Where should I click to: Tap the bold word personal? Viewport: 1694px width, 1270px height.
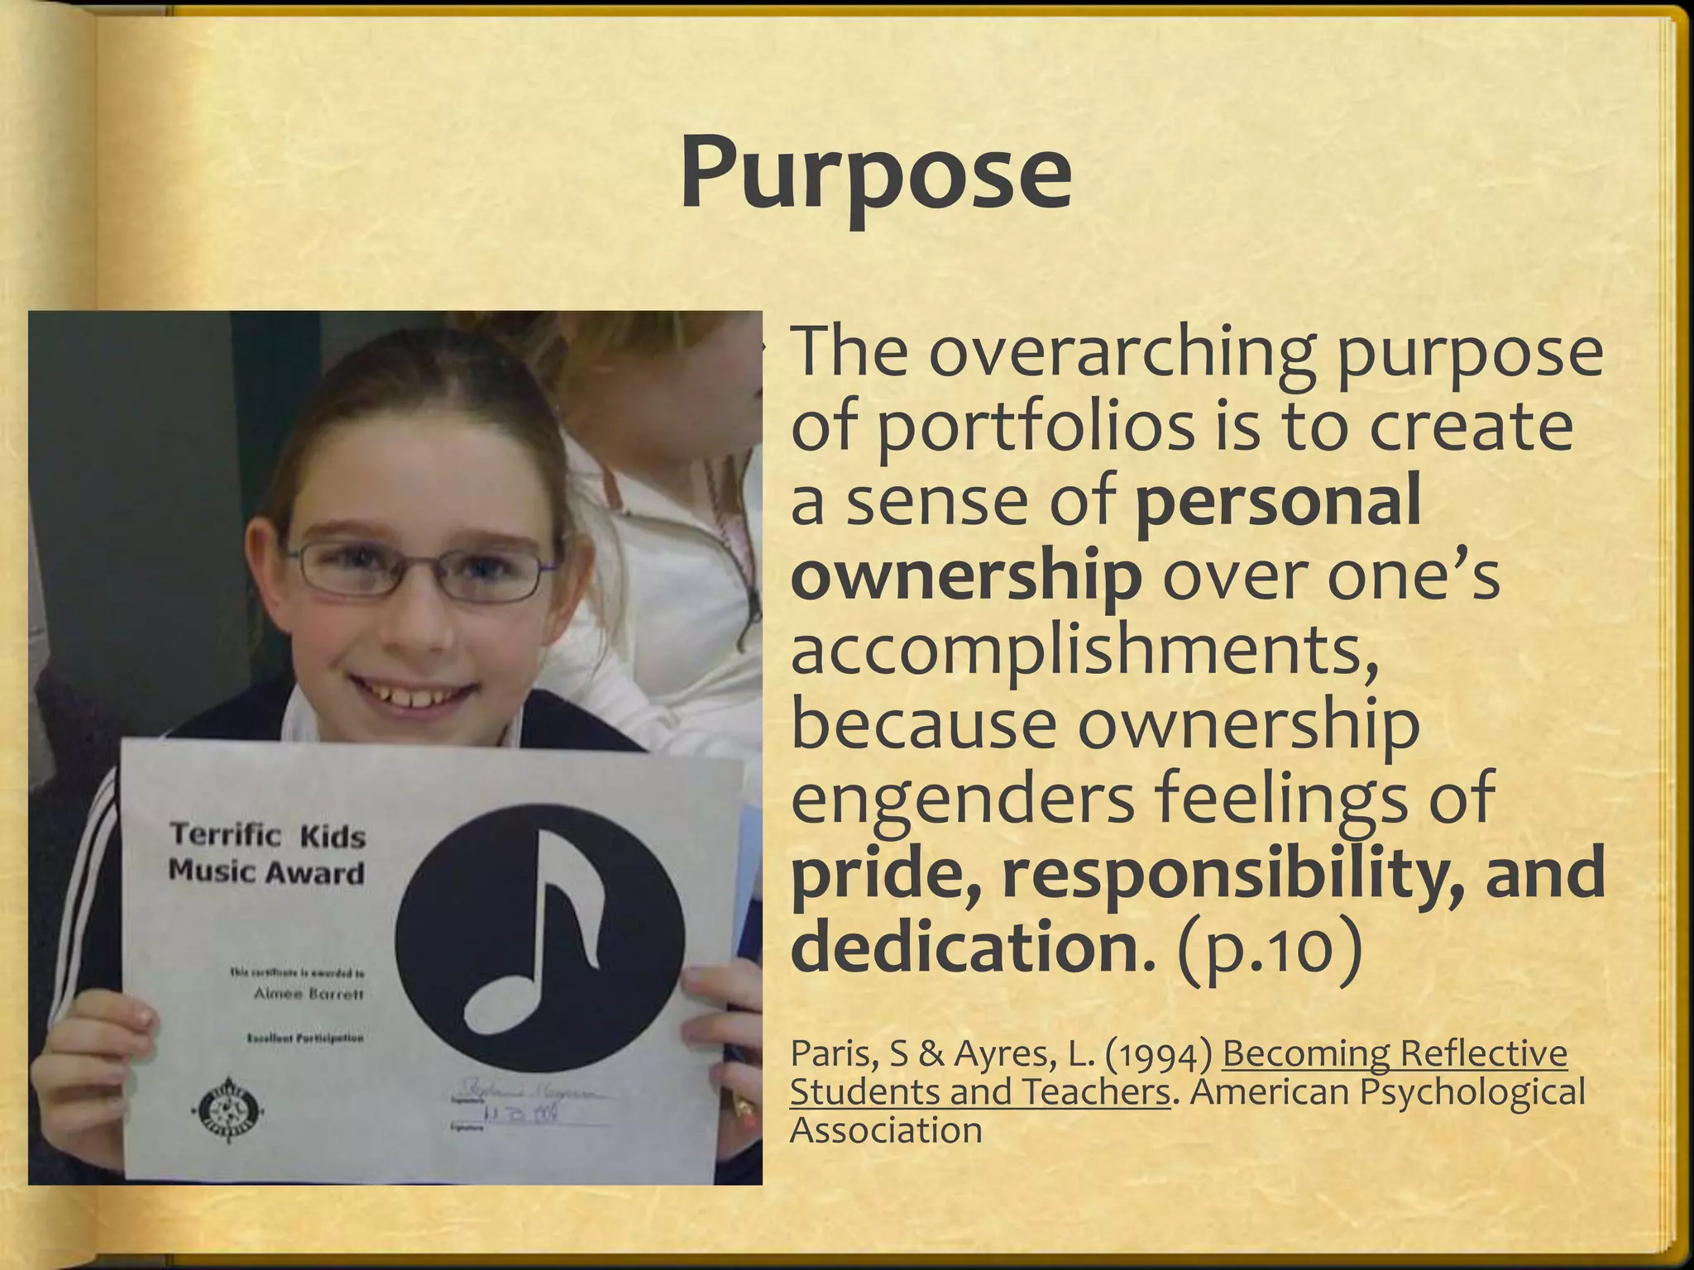coord(1278,502)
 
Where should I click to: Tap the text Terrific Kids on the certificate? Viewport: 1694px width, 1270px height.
coord(267,835)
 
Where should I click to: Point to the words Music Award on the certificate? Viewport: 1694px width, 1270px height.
coord(266,871)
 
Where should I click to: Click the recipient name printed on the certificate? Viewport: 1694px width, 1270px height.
coord(308,995)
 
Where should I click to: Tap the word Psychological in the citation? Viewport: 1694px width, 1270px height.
coord(1472,1092)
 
